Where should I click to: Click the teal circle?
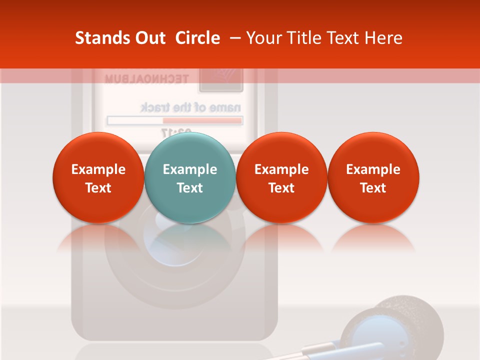click(190, 177)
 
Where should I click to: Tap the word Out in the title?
click(148, 38)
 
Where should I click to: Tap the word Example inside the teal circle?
click(190, 169)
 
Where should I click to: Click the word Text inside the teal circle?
click(190, 188)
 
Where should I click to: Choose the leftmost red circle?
click(98, 177)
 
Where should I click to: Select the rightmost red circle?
click(373, 177)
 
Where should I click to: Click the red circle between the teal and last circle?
click(281, 177)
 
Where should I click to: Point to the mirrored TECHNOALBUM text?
click(146, 78)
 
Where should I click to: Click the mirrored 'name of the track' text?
click(190, 107)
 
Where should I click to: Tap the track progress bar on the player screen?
click(175, 120)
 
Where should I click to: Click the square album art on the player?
click(220, 79)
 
